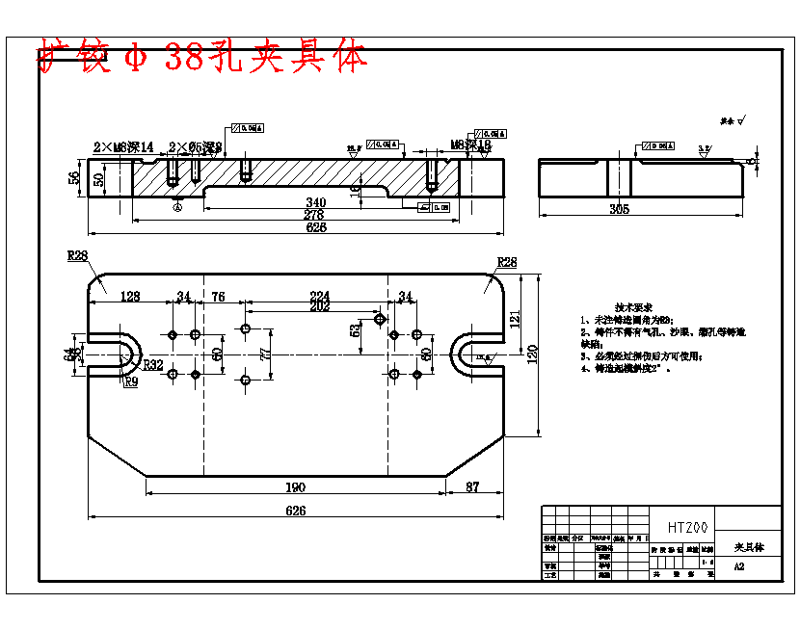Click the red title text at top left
click(202, 59)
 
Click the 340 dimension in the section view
click(315, 202)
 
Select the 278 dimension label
click(315, 215)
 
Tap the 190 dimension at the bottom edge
click(295, 486)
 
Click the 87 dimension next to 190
click(473, 486)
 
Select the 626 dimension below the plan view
click(295, 511)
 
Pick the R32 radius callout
click(153, 366)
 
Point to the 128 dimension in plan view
click(129, 297)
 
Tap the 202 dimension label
click(320, 306)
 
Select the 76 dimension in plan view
click(218, 297)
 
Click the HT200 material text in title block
click(687, 528)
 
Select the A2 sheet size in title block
click(739, 566)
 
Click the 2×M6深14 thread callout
click(123, 147)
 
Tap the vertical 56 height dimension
click(74, 178)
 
